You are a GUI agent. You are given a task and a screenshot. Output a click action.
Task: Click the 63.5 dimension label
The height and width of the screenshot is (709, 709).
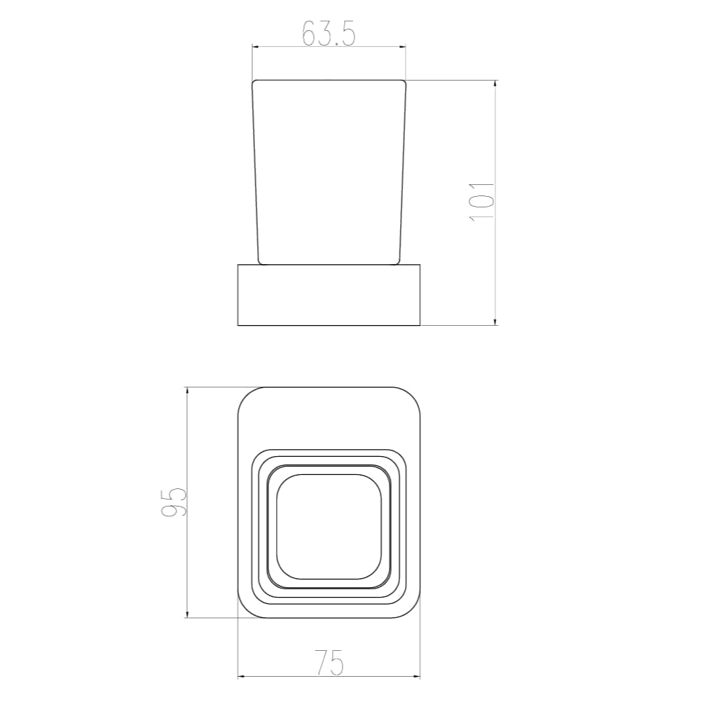click(329, 32)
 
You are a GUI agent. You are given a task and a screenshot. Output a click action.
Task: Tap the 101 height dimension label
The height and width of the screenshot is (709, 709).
click(482, 202)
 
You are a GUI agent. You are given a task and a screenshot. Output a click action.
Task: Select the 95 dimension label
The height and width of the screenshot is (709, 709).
click(174, 502)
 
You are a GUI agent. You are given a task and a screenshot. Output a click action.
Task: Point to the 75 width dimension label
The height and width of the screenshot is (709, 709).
click(329, 663)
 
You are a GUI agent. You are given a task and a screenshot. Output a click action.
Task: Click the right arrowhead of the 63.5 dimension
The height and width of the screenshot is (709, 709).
click(402, 46)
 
